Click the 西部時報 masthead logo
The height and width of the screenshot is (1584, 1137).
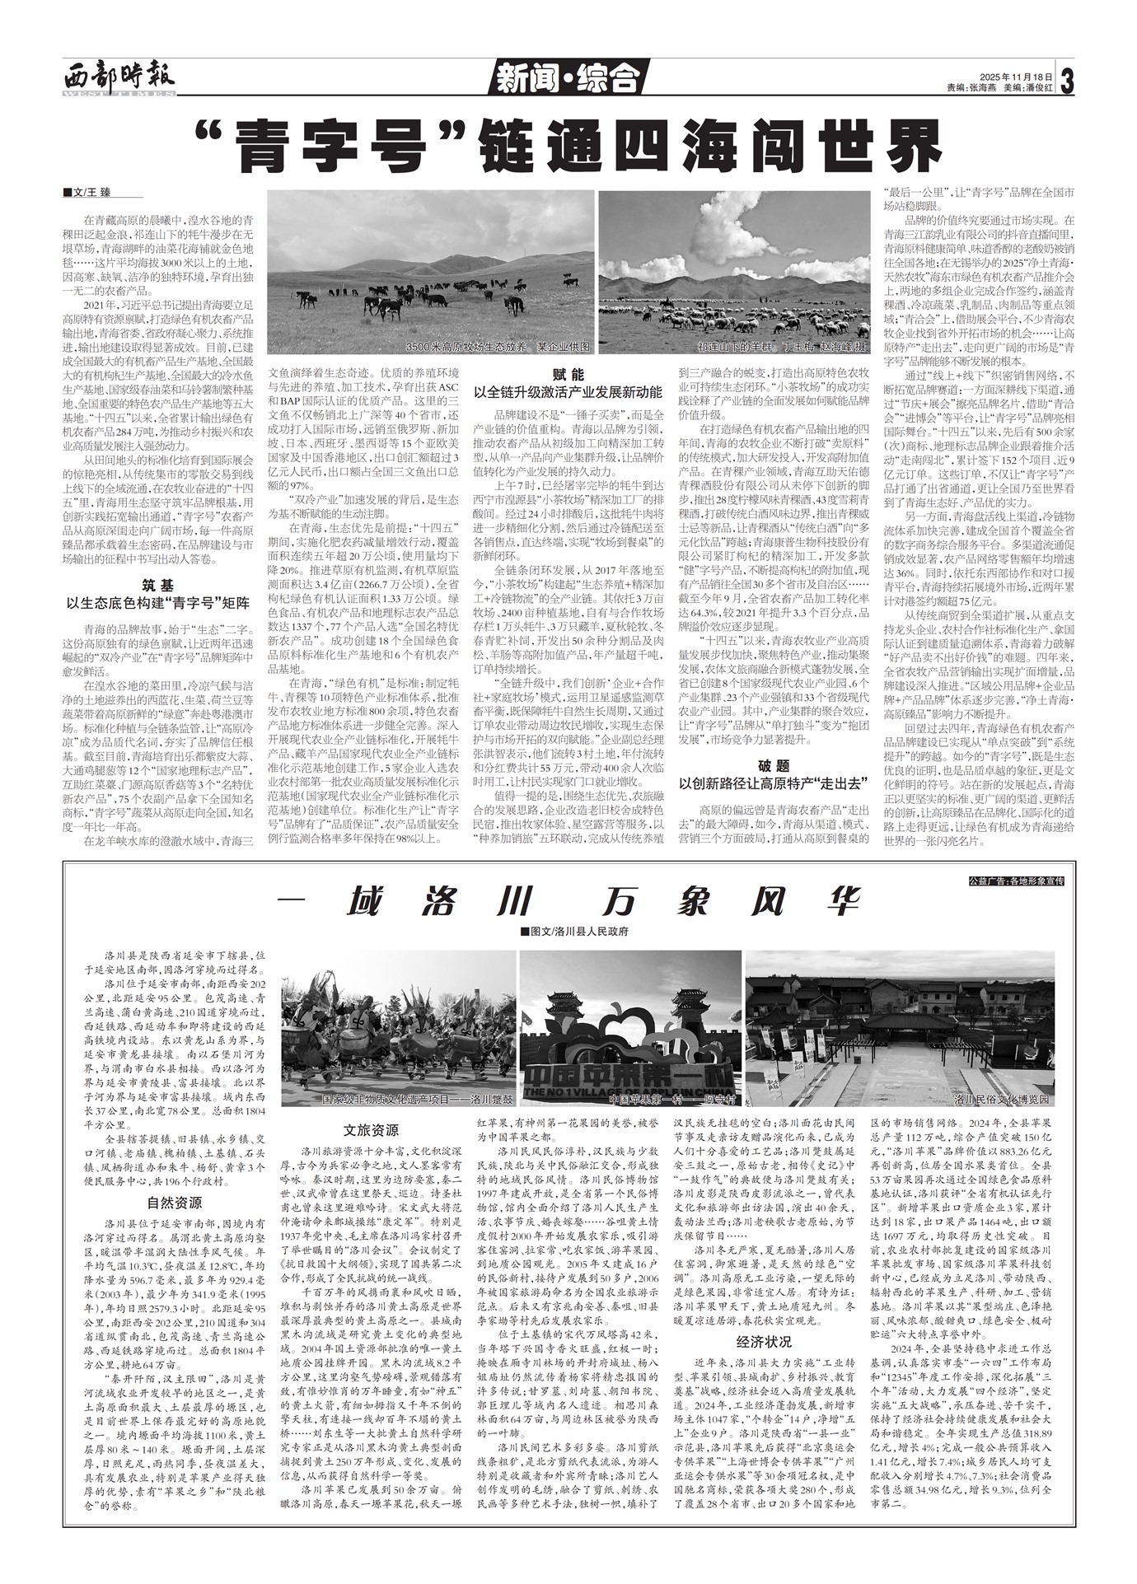119,79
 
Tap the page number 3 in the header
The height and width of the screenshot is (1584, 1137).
1067,81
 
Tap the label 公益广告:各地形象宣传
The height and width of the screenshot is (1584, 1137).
1017,881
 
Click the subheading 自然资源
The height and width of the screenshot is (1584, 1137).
175,1201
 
